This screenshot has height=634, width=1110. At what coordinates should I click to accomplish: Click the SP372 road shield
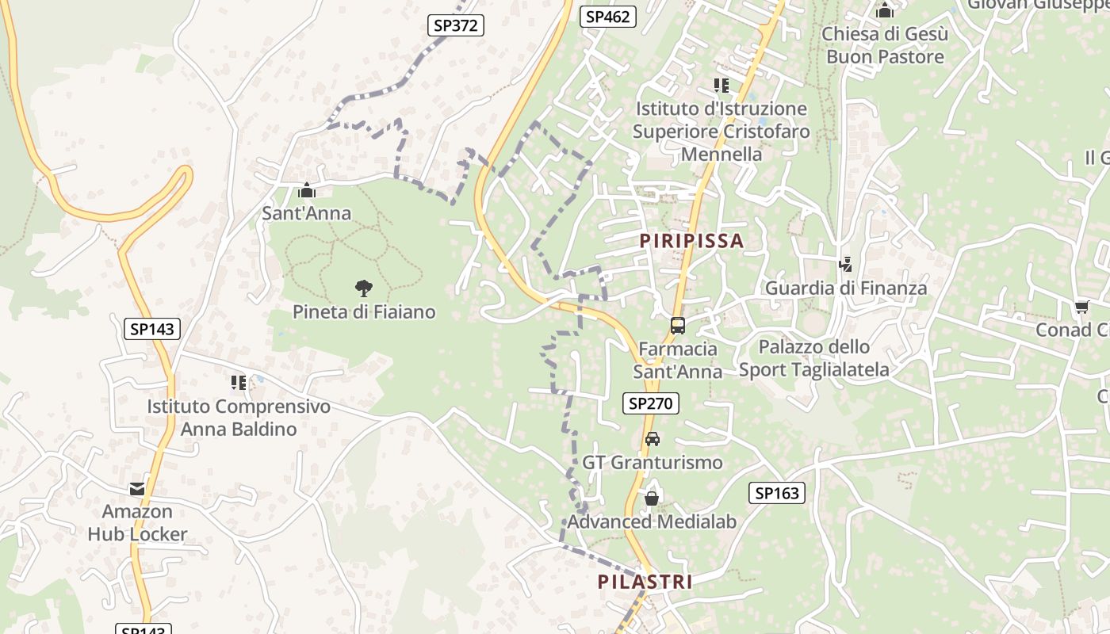tap(456, 25)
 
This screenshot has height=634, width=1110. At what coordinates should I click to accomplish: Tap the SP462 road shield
tap(607, 16)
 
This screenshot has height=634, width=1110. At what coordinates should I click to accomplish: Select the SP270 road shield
tap(650, 403)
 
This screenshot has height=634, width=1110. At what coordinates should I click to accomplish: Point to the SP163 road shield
tap(776, 493)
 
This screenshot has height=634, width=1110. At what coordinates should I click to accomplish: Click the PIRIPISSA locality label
tap(691, 241)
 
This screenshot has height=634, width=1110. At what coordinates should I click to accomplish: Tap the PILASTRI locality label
tap(645, 582)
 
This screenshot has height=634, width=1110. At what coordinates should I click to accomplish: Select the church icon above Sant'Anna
tap(306, 190)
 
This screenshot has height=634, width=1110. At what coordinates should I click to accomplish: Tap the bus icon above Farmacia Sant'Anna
tap(677, 325)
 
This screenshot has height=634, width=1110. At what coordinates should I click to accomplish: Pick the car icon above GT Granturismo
tap(652, 439)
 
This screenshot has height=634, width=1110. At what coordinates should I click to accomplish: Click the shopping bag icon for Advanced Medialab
tap(651, 498)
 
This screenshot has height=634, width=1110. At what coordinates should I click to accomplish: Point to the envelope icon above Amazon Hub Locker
tap(137, 489)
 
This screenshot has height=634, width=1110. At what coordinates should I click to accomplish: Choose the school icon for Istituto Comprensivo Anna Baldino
tap(238, 383)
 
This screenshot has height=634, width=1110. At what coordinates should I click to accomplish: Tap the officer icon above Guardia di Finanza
tap(845, 265)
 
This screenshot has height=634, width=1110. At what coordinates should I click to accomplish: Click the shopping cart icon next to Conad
tap(1081, 307)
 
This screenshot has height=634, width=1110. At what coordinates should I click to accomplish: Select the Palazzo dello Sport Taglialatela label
tap(814, 358)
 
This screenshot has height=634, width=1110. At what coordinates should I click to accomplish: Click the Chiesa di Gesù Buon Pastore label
tap(885, 45)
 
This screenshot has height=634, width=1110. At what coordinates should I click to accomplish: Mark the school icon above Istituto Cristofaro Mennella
tap(721, 85)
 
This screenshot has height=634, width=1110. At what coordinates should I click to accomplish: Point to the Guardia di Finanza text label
tap(845, 288)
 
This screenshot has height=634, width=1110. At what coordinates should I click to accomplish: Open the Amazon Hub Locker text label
tap(137, 523)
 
